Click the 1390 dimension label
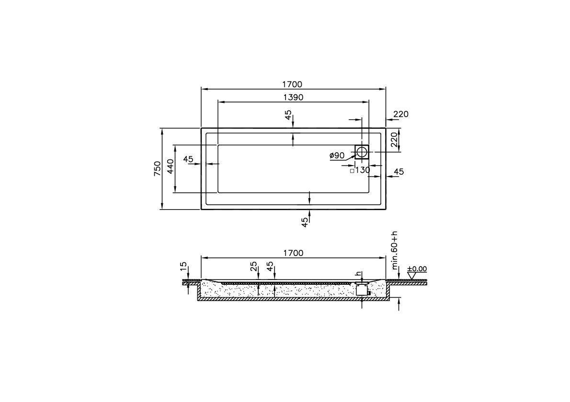point(293,97)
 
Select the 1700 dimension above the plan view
point(292,85)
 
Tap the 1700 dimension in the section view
point(293,253)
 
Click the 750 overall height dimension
point(157,168)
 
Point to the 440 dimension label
point(170,168)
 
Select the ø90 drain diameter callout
point(337,156)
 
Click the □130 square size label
point(360,170)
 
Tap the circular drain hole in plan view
point(362,152)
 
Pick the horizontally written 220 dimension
point(400,114)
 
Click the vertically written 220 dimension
point(394,140)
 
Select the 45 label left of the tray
point(188,159)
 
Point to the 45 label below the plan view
point(305,222)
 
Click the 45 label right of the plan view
point(399,172)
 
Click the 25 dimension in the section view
point(254,266)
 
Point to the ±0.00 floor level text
point(417,269)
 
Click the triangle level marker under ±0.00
point(410,276)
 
